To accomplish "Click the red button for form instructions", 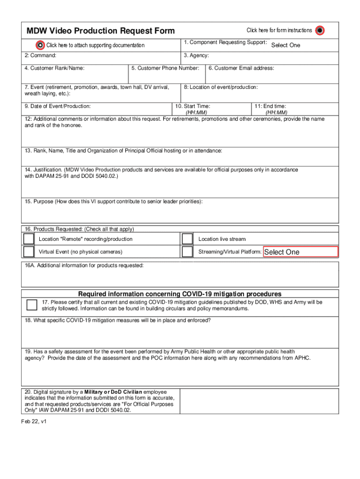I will pos(319,30).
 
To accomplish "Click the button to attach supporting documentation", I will pos(41,45).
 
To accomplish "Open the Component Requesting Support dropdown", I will pos(285,45).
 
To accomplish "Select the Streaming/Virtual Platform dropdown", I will pos(301,252).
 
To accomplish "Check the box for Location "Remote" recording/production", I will pos(29,239).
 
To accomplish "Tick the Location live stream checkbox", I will pos(187,239).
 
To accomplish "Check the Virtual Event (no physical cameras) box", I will pos(29,252).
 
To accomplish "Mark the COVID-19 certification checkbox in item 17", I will pos(32,305).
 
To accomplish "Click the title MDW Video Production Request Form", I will pos(101,31).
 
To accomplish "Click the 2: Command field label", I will pos(41,56).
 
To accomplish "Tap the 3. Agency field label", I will pos(196,56).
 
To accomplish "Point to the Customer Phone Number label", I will pos(165,68).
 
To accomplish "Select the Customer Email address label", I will pos(241,68).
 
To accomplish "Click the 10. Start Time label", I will pos(192,106).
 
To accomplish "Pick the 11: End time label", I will pos(270,106).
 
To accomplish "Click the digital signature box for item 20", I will pos(259,401).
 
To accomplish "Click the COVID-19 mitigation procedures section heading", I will pos(180,294).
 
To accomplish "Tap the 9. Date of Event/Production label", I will pos(58,106).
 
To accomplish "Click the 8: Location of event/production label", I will pos(221,87).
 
